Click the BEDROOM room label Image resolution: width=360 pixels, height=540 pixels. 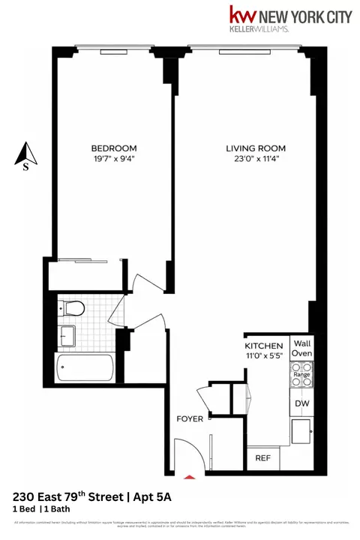point(114,148)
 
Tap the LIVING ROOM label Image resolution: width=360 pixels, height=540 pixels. point(256,148)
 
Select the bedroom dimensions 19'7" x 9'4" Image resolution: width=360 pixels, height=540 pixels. point(114,159)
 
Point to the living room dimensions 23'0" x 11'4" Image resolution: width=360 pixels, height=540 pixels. point(256,159)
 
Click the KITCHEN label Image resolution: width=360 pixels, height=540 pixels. point(262,346)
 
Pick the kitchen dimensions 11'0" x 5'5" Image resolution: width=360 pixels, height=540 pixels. point(262,357)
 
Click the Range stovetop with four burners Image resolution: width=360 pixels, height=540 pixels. point(301,374)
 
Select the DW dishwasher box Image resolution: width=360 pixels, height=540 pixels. point(301,403)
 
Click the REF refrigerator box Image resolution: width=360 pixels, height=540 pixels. point(263,457)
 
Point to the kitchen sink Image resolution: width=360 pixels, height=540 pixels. point(302,431)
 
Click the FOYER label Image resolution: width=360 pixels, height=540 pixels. point(190,418)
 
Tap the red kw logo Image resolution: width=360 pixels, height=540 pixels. point(241,16)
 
